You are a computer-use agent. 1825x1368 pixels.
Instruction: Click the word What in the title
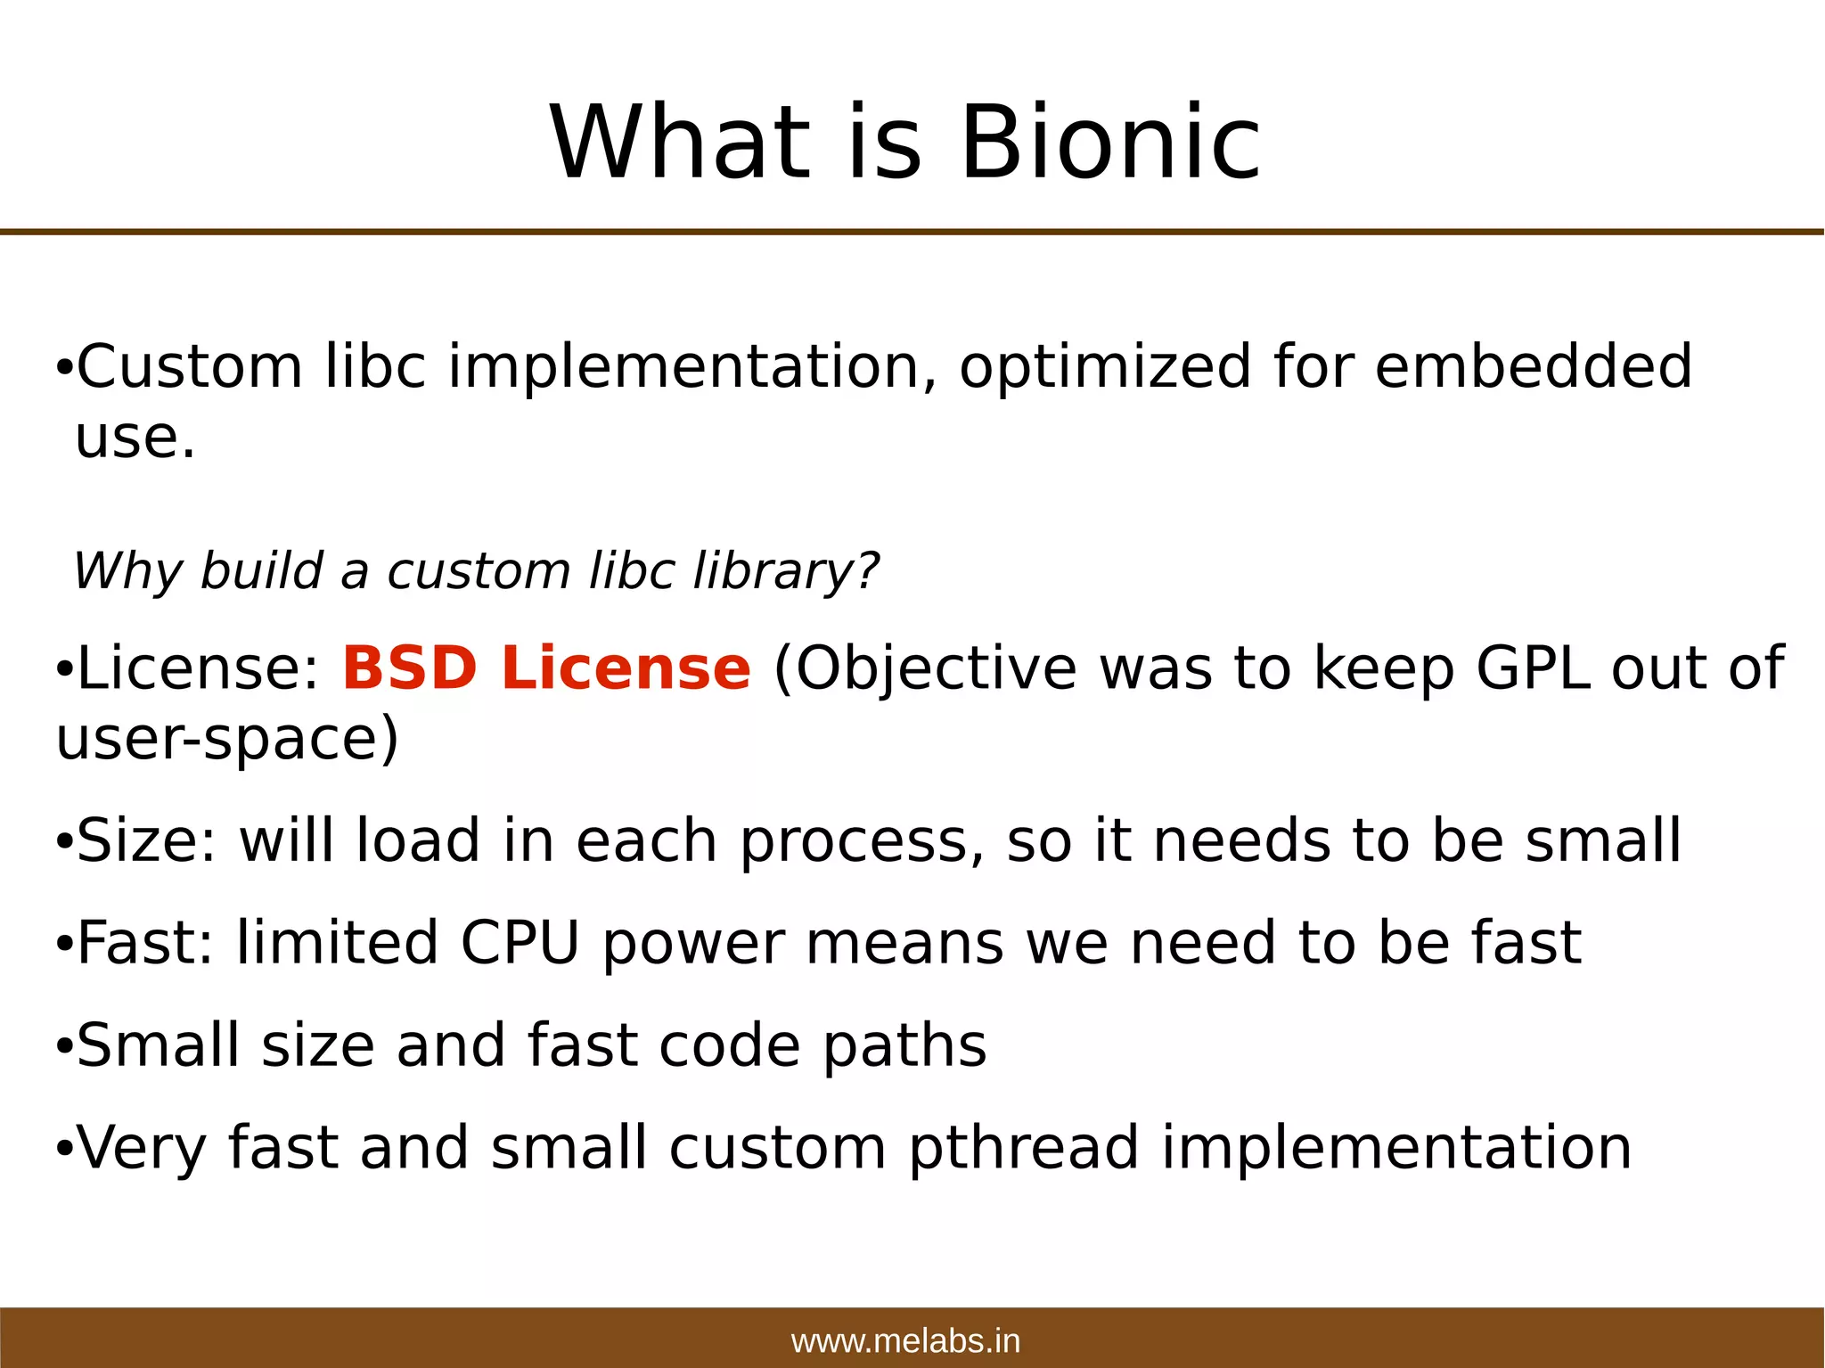click(x=680, y=143)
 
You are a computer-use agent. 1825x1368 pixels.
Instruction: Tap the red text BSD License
click(x=546, y=668)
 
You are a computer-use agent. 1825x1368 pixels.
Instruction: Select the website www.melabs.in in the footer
click(x=905, y=1341)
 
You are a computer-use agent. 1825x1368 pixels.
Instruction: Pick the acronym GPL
click(x=1533, y=668)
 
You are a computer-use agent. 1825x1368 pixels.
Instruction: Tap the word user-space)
click(x=227, y=740)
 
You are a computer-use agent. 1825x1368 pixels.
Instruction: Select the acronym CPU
click(x=520, y=943)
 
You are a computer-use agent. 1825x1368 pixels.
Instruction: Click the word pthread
click(x=1024, y=1148)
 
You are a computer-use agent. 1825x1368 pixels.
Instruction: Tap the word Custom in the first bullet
click(x=190, y=367)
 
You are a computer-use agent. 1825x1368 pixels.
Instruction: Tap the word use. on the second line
click(x=135, y=438)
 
